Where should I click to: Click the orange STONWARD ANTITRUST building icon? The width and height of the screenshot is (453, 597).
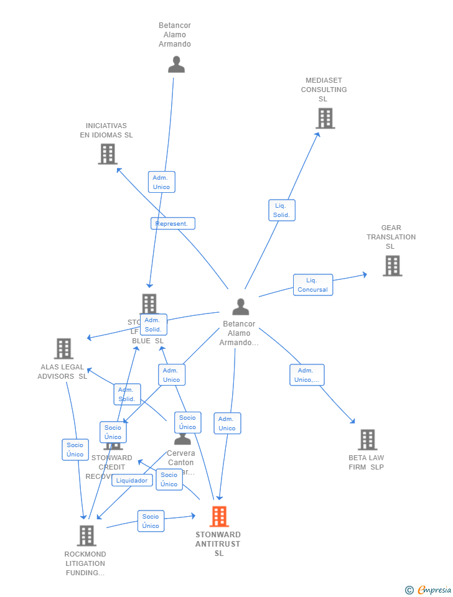click(x=219, y=516)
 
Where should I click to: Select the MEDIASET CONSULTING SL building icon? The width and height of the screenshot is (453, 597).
click(x=325, y=118)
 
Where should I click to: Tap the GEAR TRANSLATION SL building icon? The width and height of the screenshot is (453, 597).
click(x=392, y=266)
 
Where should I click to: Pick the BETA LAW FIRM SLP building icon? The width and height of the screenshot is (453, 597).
click(x=367, y=440)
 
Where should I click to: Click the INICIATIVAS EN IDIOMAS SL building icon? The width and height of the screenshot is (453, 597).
click(x=108, y=154)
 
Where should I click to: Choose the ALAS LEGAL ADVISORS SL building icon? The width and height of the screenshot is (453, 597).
click(x=63, y=349)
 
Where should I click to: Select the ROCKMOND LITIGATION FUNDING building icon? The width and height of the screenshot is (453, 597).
click(x=86, y=535)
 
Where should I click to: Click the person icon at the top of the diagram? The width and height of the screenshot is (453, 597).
click(x=176, y=64)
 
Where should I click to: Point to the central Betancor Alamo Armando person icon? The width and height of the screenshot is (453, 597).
click(x=240, y=307)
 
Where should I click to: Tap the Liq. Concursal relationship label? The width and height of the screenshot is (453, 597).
click(x=312, y=285)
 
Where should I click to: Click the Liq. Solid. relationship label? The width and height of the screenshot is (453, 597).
click(x=281, y=210)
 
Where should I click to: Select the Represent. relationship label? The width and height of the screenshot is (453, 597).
click(x=172, y=223)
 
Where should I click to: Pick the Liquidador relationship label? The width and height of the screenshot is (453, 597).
click(x=132, y=480)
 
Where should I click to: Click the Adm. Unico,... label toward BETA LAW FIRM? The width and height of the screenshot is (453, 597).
click(x=306, y=375)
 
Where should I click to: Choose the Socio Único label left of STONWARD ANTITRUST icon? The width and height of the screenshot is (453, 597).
click(x=151, y=521)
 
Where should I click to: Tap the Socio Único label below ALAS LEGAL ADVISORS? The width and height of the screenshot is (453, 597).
click(x=75, y=450)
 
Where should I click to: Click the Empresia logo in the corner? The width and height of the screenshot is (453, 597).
click(x=429, y=590)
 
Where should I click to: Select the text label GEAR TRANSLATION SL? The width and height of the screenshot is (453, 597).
click(x=391, y=237)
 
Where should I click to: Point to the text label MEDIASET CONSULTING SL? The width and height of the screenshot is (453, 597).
click(x=324, y=90)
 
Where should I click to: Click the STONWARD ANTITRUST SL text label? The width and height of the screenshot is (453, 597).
click(x=218, y=544)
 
